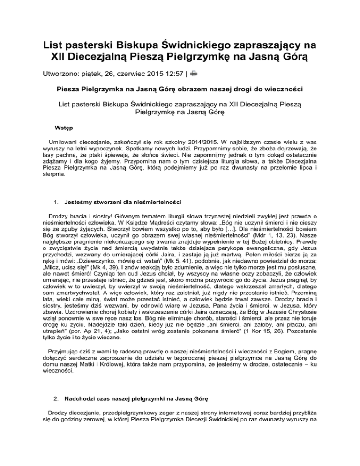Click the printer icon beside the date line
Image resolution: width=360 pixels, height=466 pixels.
click(x=194, y=73)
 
